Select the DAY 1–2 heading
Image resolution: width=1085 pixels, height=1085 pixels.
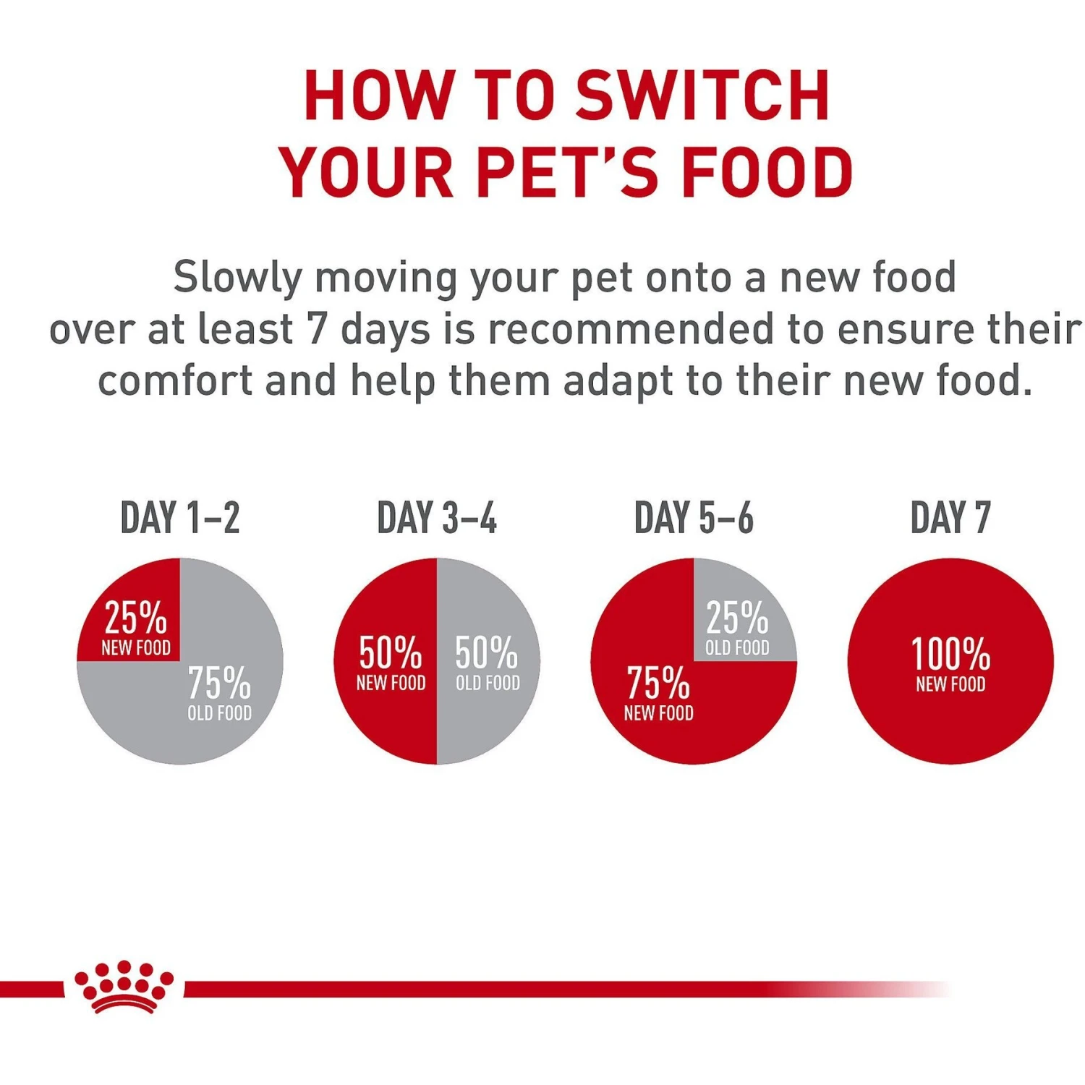click(180, 518)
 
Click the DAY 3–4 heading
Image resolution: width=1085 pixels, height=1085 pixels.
click(437, 518)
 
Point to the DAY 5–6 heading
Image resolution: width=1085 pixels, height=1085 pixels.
click(694, 518)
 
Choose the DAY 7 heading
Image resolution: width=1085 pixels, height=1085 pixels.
click(950, 518)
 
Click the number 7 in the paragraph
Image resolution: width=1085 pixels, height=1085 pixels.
click(317, 329)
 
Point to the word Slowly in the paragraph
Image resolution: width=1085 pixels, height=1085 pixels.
click(237, 277)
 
